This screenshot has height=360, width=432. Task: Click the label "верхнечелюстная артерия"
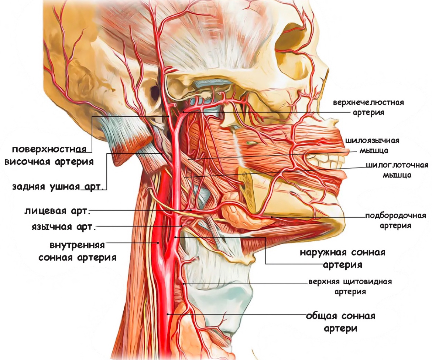pos(368,107)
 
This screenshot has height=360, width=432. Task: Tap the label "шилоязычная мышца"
pos(372,145)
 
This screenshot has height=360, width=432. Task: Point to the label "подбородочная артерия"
pos(395,220)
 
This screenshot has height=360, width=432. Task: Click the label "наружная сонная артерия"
pos(342,258)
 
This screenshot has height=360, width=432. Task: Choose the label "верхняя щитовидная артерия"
pos(350,286)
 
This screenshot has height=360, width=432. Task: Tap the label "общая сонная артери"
pos(340,322)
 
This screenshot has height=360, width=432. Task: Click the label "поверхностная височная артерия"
pos(52,155)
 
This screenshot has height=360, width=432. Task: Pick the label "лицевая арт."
pos(57,211)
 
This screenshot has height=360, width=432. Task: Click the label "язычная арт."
pos(64,227)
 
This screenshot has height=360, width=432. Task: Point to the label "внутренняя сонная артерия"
pos(78,251)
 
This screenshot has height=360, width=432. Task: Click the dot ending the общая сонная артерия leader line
pos(168,314)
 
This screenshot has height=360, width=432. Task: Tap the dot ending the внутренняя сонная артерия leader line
pos(158,243)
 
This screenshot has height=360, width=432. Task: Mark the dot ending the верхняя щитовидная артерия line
pos(184,283)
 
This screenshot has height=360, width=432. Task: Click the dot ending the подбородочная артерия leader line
pos(271,217)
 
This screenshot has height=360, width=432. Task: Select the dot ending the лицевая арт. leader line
pos(191,211)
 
